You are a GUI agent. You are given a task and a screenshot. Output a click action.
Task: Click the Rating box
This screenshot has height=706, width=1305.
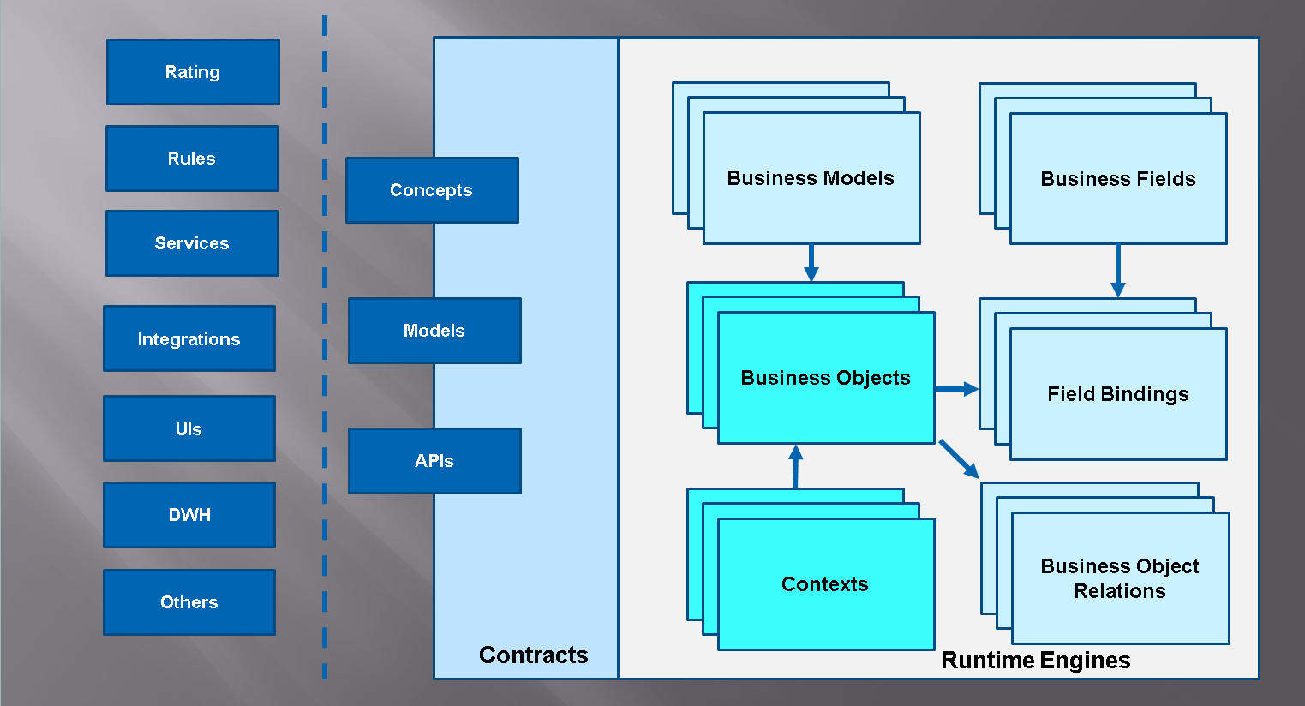tap(193, 72)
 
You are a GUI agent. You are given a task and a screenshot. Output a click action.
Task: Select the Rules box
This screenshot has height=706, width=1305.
tap(192, 159)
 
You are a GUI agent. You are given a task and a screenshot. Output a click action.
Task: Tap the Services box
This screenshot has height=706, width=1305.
tap(192, 243)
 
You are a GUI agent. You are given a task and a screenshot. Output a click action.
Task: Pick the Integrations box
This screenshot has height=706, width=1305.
tap(189, 339)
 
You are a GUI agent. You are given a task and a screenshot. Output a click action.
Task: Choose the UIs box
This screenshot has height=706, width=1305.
tap(189, 428)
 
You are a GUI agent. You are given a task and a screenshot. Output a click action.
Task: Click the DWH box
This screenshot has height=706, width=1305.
tap(189, 515)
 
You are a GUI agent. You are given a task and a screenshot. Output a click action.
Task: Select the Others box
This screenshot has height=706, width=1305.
tap(189, 602)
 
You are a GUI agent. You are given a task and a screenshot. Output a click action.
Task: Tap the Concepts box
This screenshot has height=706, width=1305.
tap(432, 190)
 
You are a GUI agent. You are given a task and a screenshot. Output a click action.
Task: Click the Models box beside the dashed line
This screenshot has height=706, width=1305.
tap(434, 331)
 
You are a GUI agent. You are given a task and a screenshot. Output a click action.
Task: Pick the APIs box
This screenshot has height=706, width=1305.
tap(434, 461)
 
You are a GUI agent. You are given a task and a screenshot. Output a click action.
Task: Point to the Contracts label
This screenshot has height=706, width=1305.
tap(533, 655)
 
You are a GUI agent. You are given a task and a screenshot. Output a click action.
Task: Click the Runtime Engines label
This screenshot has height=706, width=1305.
tap(1035, 661)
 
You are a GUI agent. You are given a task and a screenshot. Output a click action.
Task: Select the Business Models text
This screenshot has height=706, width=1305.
tap(811, 178)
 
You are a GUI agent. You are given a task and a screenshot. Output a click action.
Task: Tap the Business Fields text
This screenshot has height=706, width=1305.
tap(1118, 179)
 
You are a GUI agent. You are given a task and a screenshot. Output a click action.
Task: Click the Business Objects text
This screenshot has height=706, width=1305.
tap(825, 378)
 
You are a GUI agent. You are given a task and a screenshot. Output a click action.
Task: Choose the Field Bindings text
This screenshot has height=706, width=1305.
tap(1118, 394)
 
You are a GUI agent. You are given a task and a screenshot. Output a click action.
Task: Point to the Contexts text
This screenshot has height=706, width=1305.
tap(825, 584)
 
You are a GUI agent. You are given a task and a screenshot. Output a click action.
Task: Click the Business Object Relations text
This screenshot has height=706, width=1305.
tap(1120, 578)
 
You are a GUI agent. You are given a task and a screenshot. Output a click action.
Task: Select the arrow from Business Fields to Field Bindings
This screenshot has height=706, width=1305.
tap(1117, 271)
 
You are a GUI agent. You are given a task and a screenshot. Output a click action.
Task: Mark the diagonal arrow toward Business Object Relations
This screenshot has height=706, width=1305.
tap(959, 459)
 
